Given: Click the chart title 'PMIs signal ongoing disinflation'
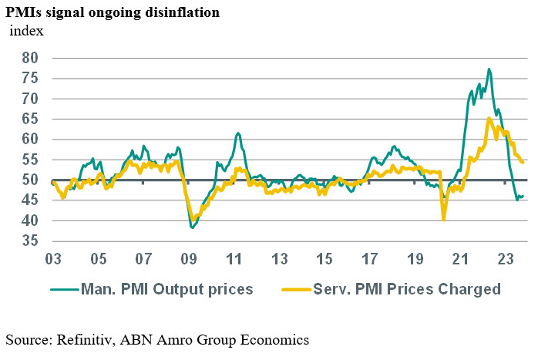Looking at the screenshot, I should click(x=114, y=12).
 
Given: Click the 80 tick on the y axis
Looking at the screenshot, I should click(x=30, y=58).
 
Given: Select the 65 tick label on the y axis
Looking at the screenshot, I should click(x=30, y=119).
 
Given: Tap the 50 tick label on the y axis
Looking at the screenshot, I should click(x=30, y=180).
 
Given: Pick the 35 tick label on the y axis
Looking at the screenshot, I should click(x=30, y=241).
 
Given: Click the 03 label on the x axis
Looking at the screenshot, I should click(x=52, y=257).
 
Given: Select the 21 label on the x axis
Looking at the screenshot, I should click(x=461, y=257).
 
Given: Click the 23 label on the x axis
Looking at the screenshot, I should click(x=506, y=257).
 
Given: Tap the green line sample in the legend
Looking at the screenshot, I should click(x=66, y=289).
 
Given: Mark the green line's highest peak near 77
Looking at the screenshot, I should click(x=489, y=69).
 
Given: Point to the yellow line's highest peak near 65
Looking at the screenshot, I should click(x=489, y=118).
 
